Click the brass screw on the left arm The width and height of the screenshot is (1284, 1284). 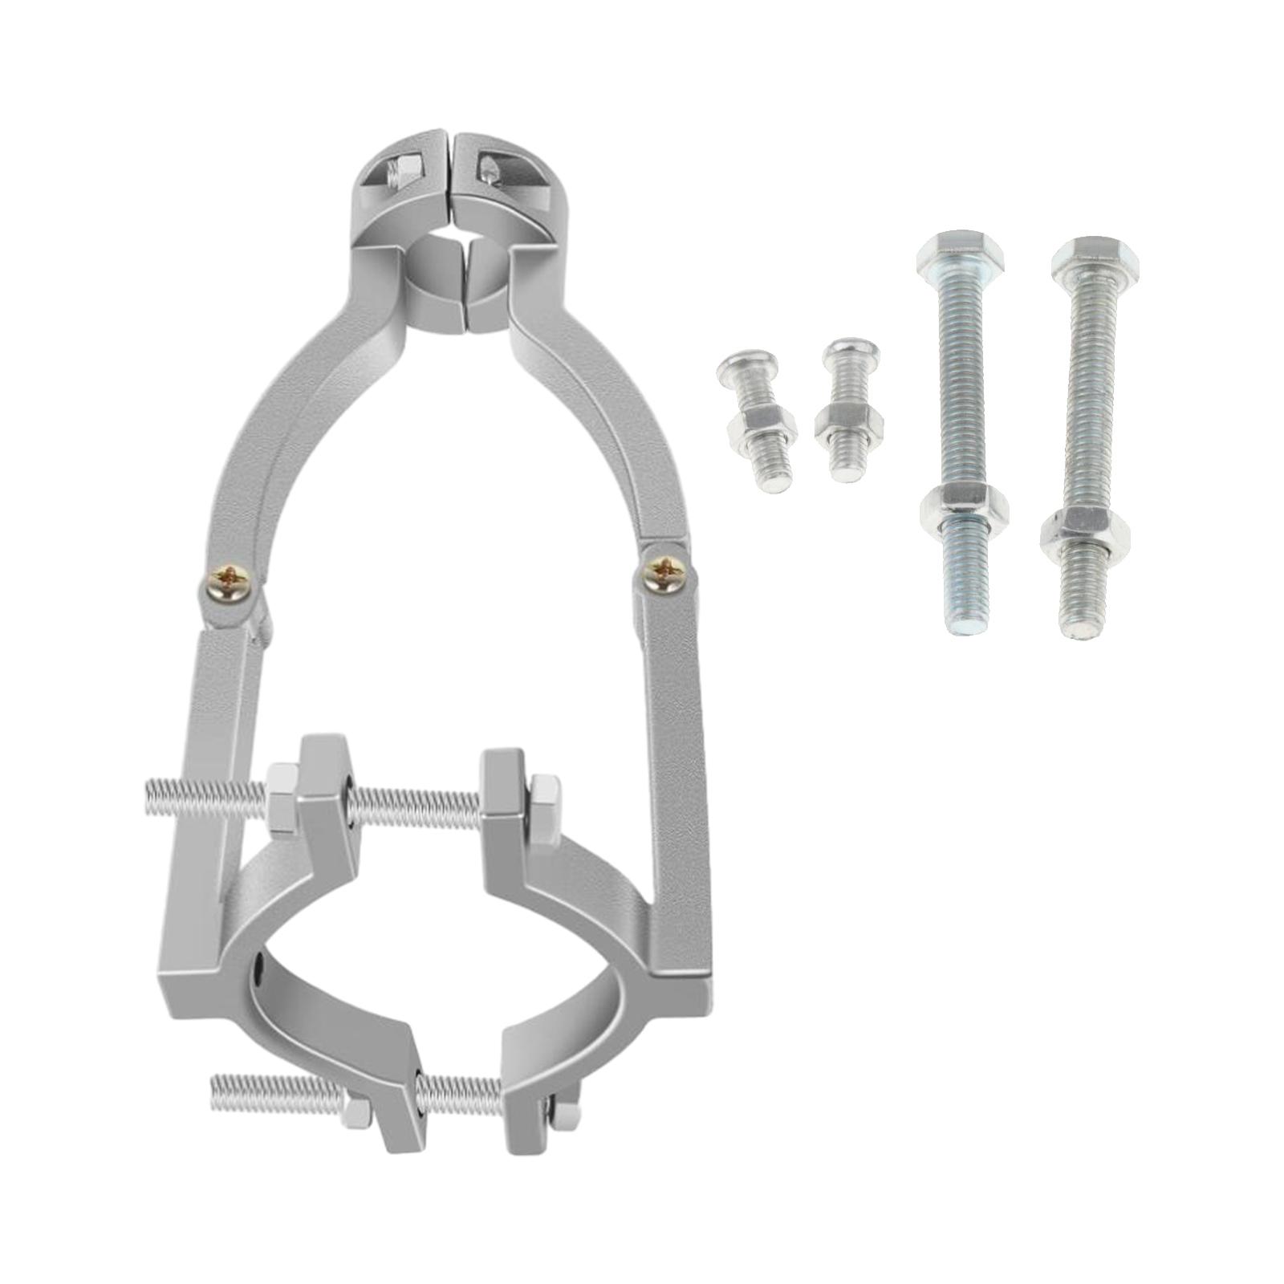pyautogui.click(x=230, y=577)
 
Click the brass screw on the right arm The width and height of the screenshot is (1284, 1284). pyautogui.click(x=665, y=571)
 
